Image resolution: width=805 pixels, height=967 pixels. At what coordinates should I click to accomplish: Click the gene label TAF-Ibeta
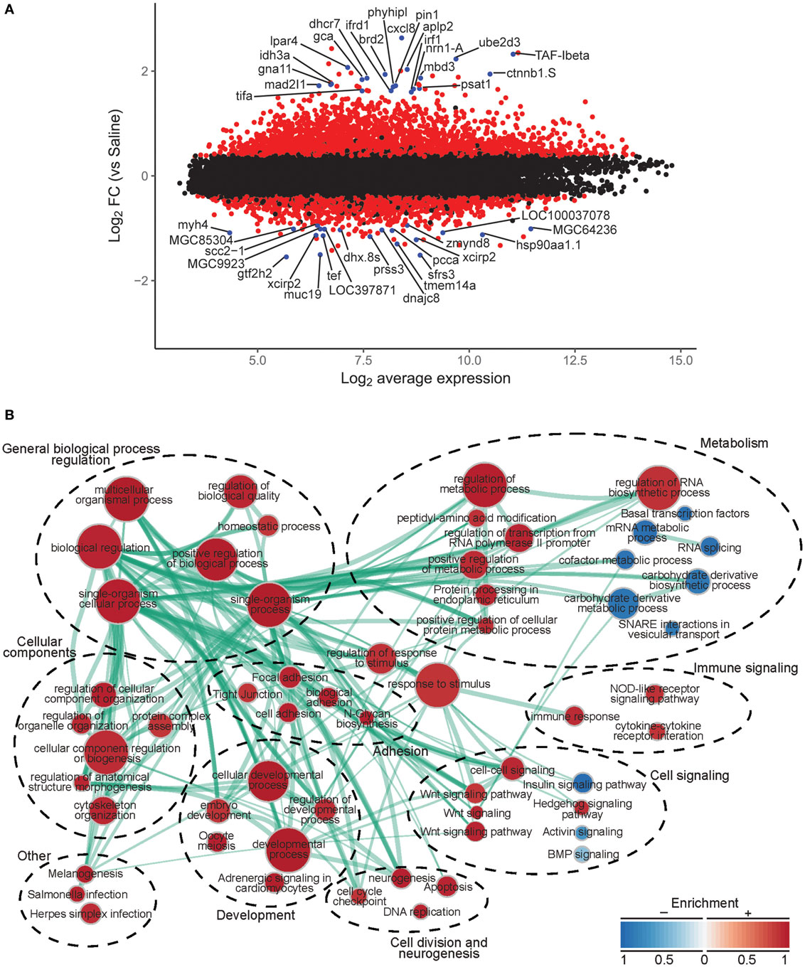561,55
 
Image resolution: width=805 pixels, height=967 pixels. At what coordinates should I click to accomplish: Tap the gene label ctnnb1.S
531,73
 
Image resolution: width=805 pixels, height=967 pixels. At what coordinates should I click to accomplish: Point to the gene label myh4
193,225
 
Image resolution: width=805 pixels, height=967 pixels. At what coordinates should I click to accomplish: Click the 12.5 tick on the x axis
575,360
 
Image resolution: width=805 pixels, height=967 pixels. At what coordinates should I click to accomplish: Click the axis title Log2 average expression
425,378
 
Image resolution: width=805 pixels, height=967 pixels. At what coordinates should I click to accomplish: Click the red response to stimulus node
439,685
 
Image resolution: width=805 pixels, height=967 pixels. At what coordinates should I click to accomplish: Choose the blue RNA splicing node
709,547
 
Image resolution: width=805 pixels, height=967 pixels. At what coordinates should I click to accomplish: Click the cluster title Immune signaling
745,668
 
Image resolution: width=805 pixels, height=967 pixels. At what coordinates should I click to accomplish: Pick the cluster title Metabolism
734,443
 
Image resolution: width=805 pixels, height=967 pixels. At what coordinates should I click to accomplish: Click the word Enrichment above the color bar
705,904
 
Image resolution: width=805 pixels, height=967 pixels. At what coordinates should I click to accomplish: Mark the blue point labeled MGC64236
531,228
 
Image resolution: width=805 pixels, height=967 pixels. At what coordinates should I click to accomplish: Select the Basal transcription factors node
685,513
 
